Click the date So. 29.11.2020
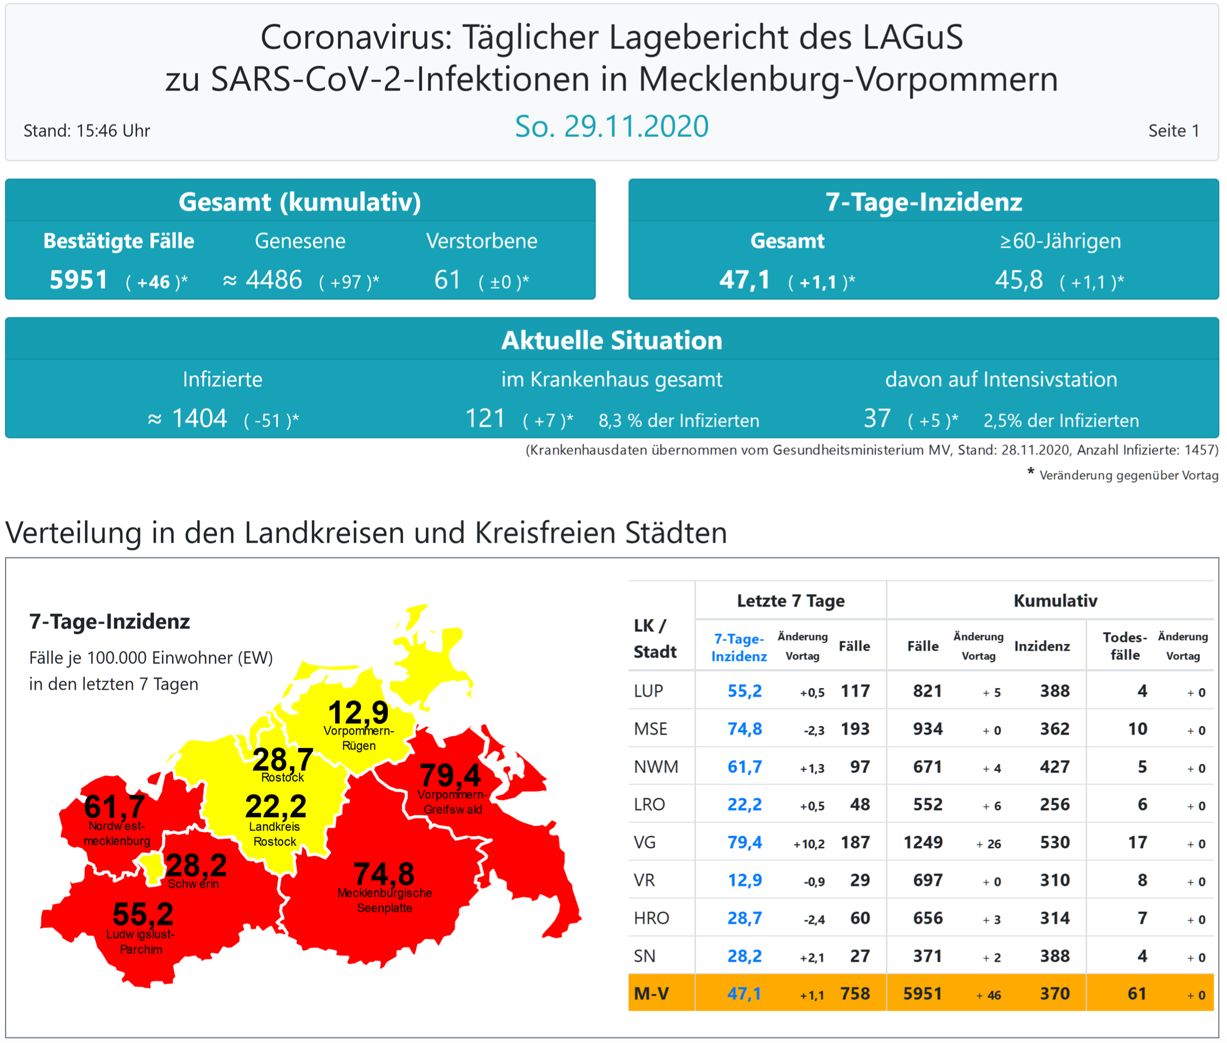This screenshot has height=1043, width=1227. [611, 126]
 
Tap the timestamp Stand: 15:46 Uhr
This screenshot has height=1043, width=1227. [87, 131]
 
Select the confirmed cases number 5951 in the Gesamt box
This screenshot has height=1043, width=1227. [79, 279]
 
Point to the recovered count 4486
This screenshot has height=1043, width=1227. [274, 279]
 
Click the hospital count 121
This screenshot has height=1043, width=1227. [484, 419]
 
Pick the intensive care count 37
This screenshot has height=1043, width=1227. [877, 419]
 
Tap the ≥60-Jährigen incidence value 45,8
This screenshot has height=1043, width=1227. [1019, 279]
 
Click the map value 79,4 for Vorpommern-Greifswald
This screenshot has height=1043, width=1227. [450, 775]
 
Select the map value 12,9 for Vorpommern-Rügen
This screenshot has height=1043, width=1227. [358, 712]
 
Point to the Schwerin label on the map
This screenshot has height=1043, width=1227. [193, 884]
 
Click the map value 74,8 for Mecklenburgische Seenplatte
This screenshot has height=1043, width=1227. [384, 873]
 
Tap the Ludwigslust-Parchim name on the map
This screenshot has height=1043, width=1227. [141, 942]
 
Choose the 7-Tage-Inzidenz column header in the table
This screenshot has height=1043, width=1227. [739, 647]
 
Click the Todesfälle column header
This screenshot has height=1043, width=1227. [1124, 646]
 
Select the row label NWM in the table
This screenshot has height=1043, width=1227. [655, 767]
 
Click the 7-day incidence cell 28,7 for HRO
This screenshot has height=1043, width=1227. [744, 918]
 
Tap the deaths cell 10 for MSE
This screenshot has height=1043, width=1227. [1137, 729]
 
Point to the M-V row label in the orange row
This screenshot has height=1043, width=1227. [651, 994]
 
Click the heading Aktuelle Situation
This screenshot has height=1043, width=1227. [611, 340]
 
